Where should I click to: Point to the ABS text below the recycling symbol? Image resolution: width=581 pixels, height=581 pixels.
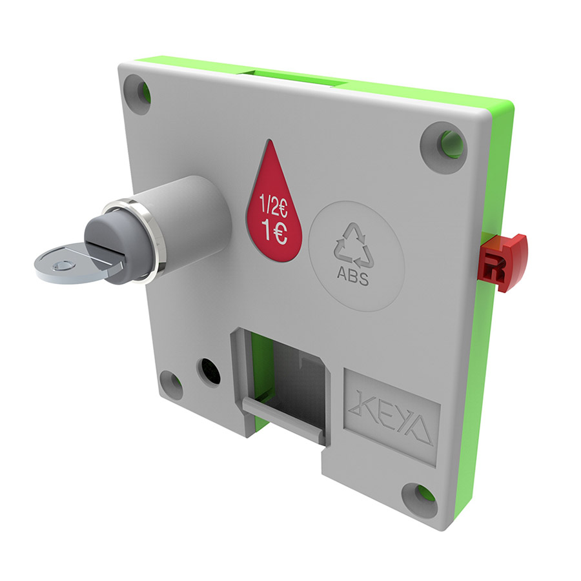click(x=352, y=278)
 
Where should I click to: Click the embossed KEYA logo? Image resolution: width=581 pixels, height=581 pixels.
click(x=391, y=416)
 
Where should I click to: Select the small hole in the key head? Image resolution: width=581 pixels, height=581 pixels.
click(x=63, y=266)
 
